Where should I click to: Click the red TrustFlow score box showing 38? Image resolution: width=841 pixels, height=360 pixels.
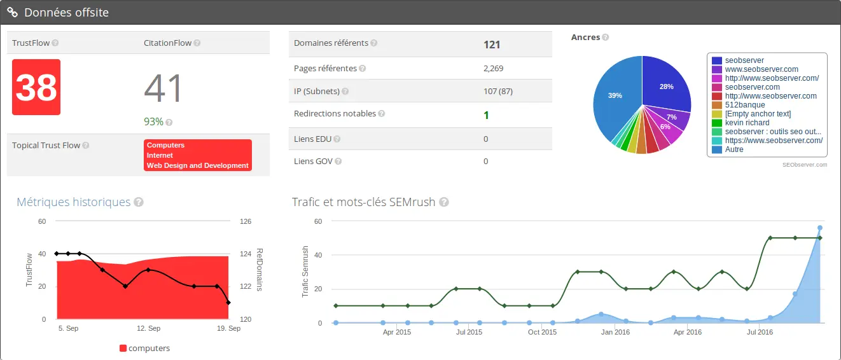point(36,87)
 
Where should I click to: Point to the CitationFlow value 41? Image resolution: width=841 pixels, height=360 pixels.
point(163,88)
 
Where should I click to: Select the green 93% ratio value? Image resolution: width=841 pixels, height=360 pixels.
point(153,121)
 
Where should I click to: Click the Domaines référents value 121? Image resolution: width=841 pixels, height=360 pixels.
point(492,45)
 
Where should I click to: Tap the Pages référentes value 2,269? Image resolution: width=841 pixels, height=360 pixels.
point(493,68)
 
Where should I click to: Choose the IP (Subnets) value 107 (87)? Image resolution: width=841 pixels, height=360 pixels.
point(498,91)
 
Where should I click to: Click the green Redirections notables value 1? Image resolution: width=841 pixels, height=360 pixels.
point(486,115)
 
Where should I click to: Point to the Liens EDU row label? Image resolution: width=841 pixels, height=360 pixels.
point(313,139)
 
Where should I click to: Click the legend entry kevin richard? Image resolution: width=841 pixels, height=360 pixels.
point(747,123)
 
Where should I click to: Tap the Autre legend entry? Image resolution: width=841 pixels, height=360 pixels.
point(734,149)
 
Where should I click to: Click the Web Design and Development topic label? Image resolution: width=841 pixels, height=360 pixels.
point(197,165)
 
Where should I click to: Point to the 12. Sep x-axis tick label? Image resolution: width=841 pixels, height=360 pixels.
point(148,328)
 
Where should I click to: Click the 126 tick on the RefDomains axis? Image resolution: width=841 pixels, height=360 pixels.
point(246,221)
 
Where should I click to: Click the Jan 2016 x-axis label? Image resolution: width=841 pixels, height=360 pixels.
point(615,332)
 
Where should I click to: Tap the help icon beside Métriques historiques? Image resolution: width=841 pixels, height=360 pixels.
point(139,202)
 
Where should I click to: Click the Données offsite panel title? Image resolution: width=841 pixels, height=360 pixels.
point(66,13)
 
